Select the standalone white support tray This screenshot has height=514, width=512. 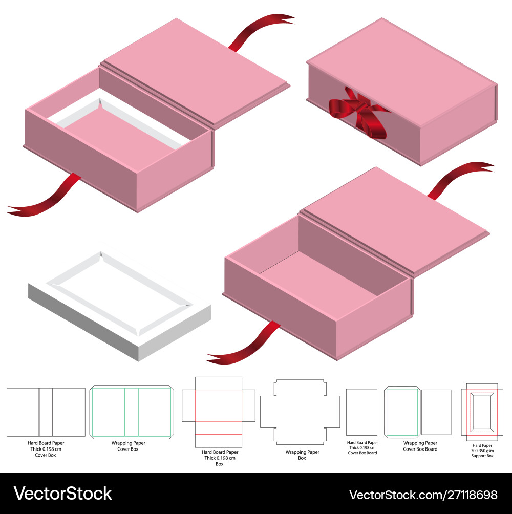point(118,307)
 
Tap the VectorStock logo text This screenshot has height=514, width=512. point(62,494)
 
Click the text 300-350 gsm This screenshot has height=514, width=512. point(482,451)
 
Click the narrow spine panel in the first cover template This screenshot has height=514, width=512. point(46,412)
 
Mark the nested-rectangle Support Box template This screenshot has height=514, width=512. point(482,411)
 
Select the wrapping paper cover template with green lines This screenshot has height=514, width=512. point(132,412)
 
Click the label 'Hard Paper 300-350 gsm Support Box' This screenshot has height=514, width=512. point(482,451)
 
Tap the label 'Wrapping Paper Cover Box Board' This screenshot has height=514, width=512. point(420,446)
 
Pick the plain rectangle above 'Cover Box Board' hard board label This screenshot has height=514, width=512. point(361,412)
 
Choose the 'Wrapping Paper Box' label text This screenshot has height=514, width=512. point(302,455)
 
